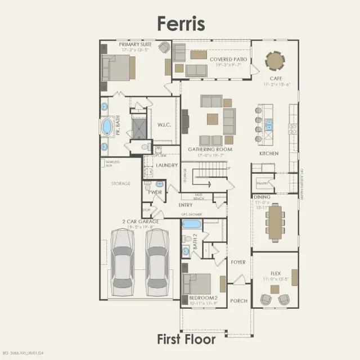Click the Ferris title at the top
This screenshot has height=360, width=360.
(x=180, y=23)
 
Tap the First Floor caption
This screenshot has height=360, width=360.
(x=186, y=339)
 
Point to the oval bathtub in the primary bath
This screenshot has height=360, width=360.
(x=105, y=127)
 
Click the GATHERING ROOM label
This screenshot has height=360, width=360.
(x=209, y=149)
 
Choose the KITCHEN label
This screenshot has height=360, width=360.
(x=269, y=153)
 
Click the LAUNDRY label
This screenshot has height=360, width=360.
(x=167, y=165)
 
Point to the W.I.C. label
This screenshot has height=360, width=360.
(x=164, y=125)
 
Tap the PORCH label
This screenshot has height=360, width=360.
(x=238, y=301)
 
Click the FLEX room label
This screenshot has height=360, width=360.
(x=276, y=273)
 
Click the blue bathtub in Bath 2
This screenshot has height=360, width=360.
(x=191, y=224)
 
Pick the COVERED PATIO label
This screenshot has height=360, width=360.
(x=225, y=59)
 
